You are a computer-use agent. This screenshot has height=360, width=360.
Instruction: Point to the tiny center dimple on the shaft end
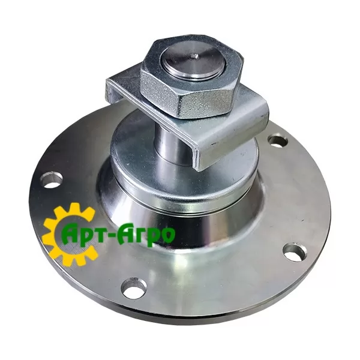tap(194, 55)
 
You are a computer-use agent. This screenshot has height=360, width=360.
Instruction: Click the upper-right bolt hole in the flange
tap(278, 142)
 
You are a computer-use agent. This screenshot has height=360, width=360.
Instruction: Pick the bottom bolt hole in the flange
tap(134, 287)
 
